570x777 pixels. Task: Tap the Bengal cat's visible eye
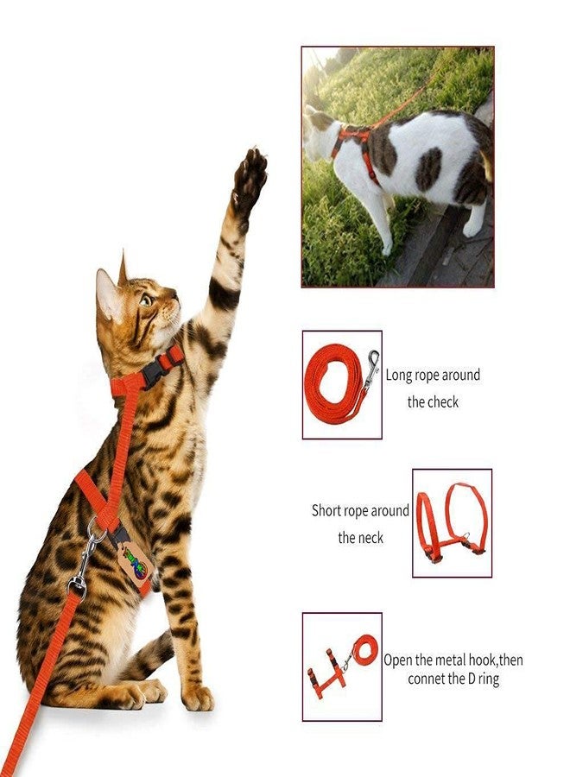click(x=146, y=300)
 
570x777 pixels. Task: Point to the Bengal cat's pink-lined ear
click(x=108, y=295)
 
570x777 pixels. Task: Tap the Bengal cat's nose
click(x=175, y=296)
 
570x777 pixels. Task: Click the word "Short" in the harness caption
click(x=327, y=510)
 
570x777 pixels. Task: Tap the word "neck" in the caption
click(x=370, y=538)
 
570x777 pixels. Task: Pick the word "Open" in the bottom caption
click(x=398, y=660)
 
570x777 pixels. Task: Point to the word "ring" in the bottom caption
click(x=489, y=679)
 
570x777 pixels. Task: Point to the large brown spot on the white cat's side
click(x=427, y=170)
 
